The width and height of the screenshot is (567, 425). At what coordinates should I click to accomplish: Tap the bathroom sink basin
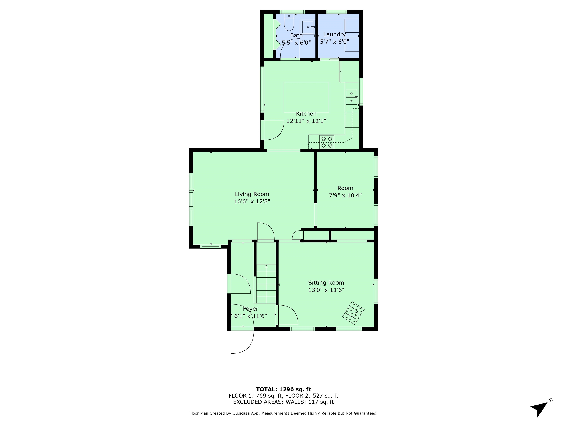[308, 27]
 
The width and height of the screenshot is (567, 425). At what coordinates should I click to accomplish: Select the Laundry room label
[334, 34]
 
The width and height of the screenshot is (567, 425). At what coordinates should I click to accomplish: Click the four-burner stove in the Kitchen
[327, 142]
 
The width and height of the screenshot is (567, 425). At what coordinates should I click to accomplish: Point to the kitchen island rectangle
[306, 97]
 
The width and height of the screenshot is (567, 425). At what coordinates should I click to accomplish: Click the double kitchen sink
[351, 97]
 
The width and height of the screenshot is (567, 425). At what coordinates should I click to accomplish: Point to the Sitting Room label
[326, 283]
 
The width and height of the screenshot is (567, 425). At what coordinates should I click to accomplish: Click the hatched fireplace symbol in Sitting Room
[353, 313]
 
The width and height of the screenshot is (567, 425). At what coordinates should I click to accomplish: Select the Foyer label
[250, 309]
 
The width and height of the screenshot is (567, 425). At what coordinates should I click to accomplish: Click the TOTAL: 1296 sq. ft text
[283, 390]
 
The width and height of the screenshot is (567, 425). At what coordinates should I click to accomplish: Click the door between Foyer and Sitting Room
[287, 315]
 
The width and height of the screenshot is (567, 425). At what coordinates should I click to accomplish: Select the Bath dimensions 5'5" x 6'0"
[296, 43]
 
